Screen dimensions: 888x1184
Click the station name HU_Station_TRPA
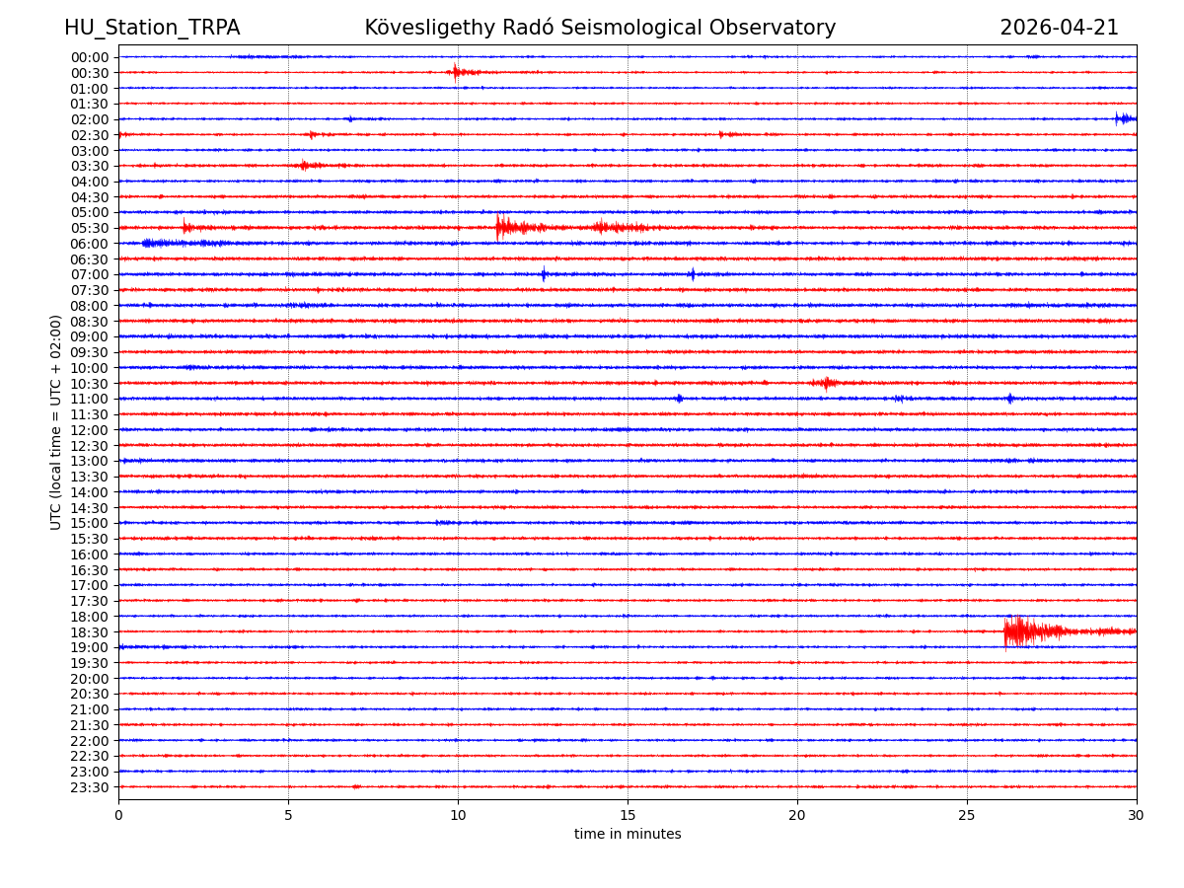tap(152, 28)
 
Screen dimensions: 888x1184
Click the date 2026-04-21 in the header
tap(1059, 28)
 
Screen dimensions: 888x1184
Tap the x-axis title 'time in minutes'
tap(628, 835)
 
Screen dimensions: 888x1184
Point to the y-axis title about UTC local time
tap(56, 422)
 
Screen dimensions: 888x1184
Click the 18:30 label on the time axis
tap(90, 631)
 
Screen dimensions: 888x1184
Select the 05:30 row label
tap(90, 228)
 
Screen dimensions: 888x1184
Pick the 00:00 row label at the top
tap(90, 57)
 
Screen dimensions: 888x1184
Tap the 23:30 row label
tap(90, 787)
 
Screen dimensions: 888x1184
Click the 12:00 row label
tap(90, 430)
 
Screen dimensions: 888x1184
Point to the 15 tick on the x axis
tap(628, 816)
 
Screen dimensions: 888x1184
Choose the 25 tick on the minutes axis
tap(967, 816)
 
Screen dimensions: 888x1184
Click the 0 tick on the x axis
tap(118, 816)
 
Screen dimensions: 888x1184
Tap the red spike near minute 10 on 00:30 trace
tap(456, 72)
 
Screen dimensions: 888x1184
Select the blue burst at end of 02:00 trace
tap(1124, 118)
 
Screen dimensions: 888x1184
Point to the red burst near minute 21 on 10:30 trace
tap(826, 383)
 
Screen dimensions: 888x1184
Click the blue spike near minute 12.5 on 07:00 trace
tap(544, 274)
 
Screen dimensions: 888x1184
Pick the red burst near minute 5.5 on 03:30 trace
tap(306, 165)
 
